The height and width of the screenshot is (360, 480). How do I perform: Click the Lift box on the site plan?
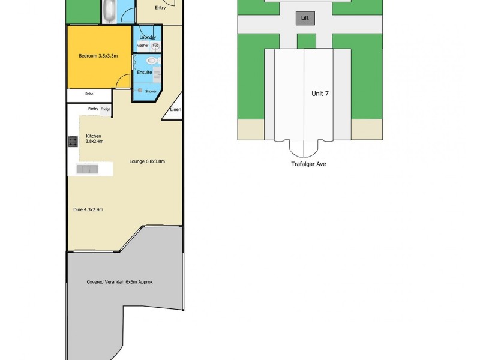coord(305,19)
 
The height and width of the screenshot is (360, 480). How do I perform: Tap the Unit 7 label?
coord(320,94)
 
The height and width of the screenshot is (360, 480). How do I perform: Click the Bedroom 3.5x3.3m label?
coord(98,56)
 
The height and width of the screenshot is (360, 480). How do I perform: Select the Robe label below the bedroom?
coord(89,94)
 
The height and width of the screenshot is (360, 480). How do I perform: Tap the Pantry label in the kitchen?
coord(93,109)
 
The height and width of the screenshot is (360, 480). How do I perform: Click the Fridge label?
coord(105,109)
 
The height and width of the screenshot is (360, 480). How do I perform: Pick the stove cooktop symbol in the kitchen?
coord(73,141)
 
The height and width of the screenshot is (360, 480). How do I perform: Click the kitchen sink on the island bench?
coord(88,169)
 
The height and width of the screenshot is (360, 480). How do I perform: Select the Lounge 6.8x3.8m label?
coord(147,161)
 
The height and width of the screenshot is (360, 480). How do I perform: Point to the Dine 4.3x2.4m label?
coord(88,209)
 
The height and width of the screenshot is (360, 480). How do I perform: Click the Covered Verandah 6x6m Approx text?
coord(120,281)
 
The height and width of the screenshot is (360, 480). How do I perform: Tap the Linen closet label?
coord(175,110)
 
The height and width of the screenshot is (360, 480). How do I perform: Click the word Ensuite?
coord(145,73)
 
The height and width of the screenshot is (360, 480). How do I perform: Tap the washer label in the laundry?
coord(142,46)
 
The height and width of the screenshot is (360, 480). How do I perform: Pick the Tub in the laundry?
coord(155,46)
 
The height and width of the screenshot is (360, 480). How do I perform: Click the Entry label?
coord(160,8)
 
